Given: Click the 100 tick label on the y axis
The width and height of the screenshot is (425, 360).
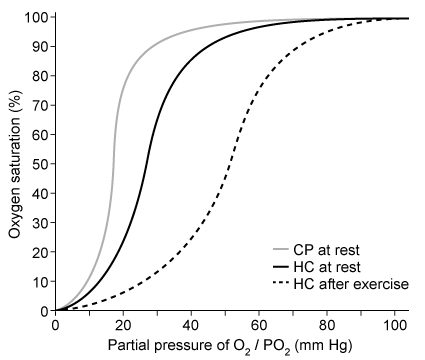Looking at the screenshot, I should click(x=35, y=18).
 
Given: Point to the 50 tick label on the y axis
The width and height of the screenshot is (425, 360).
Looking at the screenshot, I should click(x=38, y=164).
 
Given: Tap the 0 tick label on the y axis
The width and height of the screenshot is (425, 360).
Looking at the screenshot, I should click(x=42, y=311).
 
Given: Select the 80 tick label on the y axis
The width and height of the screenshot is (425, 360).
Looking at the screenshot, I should click(x=38, y=76).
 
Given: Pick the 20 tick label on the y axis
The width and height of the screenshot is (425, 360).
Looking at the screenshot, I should click(x=38, y=252).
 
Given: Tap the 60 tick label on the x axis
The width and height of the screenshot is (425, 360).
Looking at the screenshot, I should click(x=260, y=325).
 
